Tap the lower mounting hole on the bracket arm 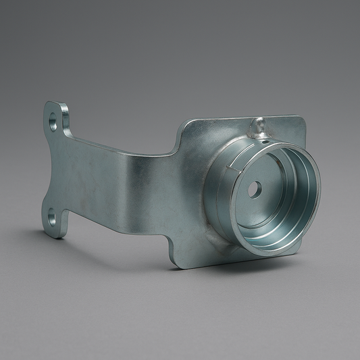52,217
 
